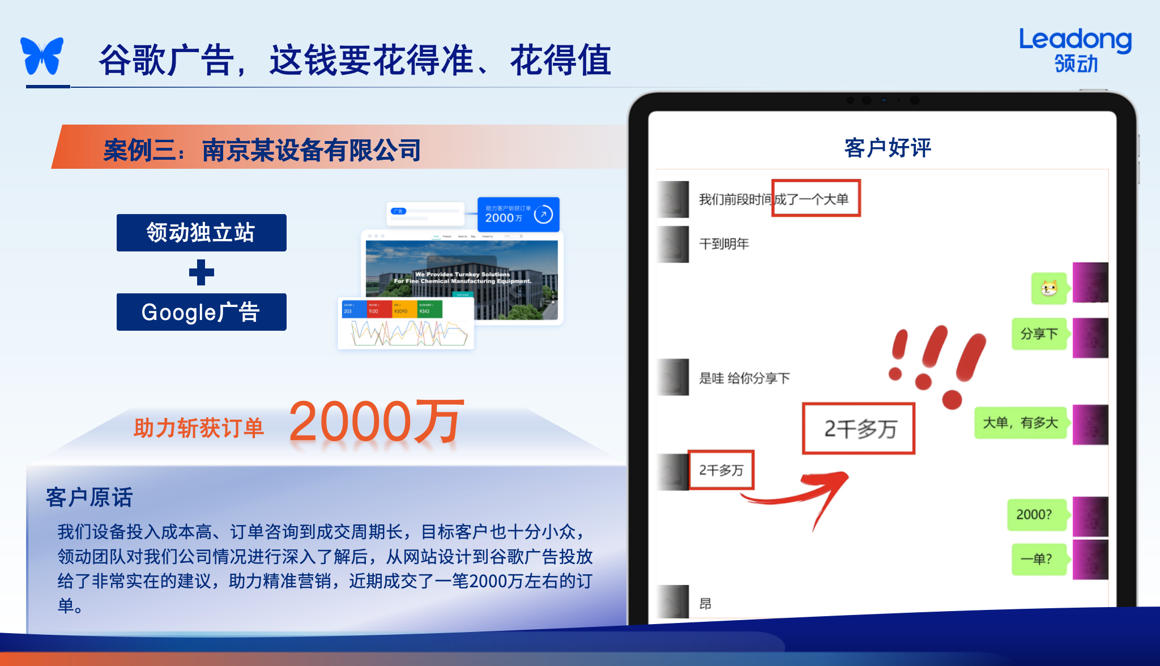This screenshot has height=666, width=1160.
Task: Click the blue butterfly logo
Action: [x=42, y=56]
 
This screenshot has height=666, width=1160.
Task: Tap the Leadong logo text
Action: [x=1075, y=41]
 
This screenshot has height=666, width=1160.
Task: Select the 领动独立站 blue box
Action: [x=201, y=233]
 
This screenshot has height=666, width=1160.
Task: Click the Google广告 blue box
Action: [x=201, y=312]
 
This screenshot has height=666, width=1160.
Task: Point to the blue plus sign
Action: [x=201, y=272]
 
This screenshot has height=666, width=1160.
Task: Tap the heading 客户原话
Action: [x=89, y=497]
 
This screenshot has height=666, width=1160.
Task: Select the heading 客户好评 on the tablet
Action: [x=887, y=148]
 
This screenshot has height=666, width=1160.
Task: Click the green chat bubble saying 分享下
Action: [x=1039, y=334]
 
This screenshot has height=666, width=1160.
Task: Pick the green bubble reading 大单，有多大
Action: [x=1020, y=422]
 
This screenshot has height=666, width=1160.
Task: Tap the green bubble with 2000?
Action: [x=1034, y=514]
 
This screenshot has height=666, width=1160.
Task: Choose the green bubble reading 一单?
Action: [x=1037, y=559]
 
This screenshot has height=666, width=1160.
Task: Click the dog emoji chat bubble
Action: [x=1049, y=288]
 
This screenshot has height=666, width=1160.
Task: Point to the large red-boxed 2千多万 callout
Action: [x=859, y=429]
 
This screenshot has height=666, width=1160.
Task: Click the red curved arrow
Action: [x=804, y=493]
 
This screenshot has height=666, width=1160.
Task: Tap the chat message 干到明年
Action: [x=724, y=244]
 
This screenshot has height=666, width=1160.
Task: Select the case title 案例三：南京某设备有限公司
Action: [x=262, y=150]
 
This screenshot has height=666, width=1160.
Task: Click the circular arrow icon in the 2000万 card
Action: [x=543, y=214]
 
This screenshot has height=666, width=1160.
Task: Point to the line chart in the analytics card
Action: [x=408, y=333]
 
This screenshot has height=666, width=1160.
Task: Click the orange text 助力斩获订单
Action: [x=199, y=428]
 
